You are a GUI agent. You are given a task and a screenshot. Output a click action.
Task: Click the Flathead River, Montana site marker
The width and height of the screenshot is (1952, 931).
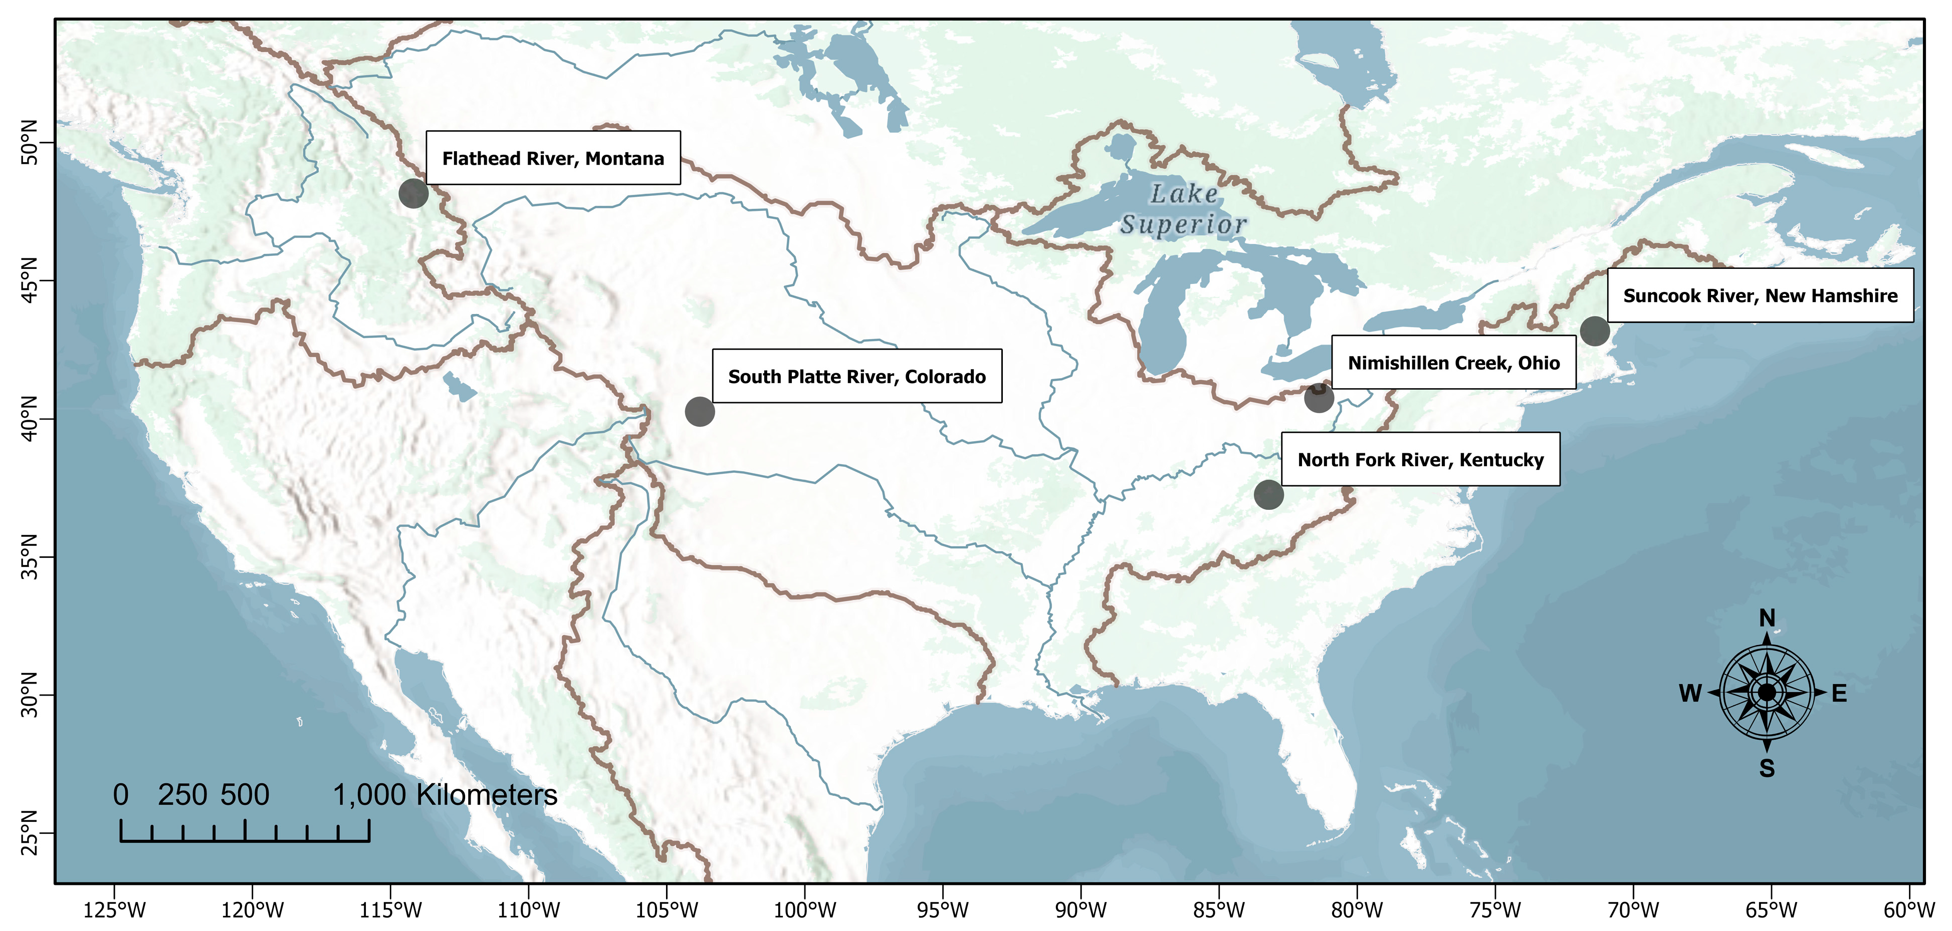pyautogui.click(x=413, y=194)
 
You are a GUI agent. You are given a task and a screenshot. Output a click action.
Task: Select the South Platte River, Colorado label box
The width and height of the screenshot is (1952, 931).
pyautogui.click(x=856, y=377)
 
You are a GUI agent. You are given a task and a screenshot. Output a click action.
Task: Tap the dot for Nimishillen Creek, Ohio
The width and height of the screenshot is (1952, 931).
pyautogui.click(x=1319, y=398)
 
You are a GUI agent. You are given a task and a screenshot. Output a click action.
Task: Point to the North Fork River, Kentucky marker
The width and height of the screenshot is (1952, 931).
pyautogui.click(x=1268, y=495)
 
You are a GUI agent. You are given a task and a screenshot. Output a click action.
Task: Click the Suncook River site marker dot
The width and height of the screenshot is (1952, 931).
pyautogui.click(x=1594, y=331)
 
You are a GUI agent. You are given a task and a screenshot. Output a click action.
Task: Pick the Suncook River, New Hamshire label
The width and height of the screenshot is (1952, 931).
pyautogui.click(x=1760, y=295)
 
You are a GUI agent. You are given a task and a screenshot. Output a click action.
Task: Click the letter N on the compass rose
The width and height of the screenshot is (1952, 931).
pyautogui.click(x=1767, y=618)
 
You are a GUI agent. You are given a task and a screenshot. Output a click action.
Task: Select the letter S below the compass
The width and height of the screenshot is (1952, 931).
pyautogui.click(x=1767, y=768)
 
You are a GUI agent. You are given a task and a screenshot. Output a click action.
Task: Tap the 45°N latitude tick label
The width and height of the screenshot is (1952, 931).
pyautogui.click(x=29, y=280)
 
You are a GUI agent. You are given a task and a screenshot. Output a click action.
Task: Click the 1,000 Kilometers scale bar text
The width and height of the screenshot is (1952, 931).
pyautogui.click(x=445, y=795)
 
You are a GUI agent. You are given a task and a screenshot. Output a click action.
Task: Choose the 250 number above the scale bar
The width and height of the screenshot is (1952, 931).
pyautogui.click(x=182, y=795)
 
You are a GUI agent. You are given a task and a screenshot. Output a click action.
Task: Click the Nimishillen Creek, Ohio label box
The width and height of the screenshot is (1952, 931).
pyautogui.click(x=1453, y=363)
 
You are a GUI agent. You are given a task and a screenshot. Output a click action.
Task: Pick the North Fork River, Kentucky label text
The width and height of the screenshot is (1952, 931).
pyautogui.click(x=1420, y=460)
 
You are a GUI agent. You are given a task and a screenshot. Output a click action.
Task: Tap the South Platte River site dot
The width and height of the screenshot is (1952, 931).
pyautogui.click(x=700, y=411)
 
